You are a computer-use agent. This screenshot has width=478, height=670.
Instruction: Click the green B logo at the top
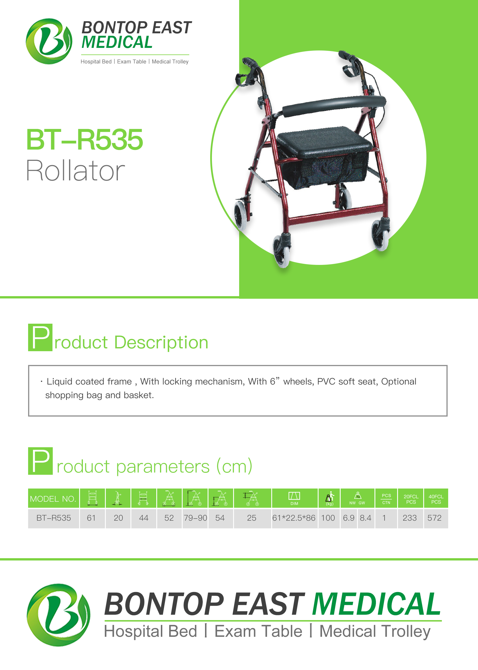tap(49, 41)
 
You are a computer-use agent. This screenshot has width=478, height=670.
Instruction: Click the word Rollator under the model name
tap(76, 170)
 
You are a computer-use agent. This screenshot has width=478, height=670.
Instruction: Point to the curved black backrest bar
tap(334, 105)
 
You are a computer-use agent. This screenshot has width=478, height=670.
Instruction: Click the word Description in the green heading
tap(161, 343)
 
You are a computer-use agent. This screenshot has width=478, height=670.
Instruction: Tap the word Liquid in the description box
tap(60, 381)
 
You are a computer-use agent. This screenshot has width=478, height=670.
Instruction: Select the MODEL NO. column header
tap(53, 499)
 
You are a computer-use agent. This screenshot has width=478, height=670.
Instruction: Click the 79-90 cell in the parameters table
tap(196, 518)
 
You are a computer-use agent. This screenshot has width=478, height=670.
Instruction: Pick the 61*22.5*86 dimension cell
tap(294, 518)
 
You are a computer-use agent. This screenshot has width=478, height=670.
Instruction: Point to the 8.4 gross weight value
tap(366, 518)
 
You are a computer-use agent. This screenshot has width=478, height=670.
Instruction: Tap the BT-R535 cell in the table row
tap(54, 518)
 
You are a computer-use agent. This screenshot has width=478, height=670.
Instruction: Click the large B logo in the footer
tap(58, 615)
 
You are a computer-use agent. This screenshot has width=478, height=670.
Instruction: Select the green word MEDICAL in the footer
tap(376, 604)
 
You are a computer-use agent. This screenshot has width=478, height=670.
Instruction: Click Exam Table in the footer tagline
tap(258, 631)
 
